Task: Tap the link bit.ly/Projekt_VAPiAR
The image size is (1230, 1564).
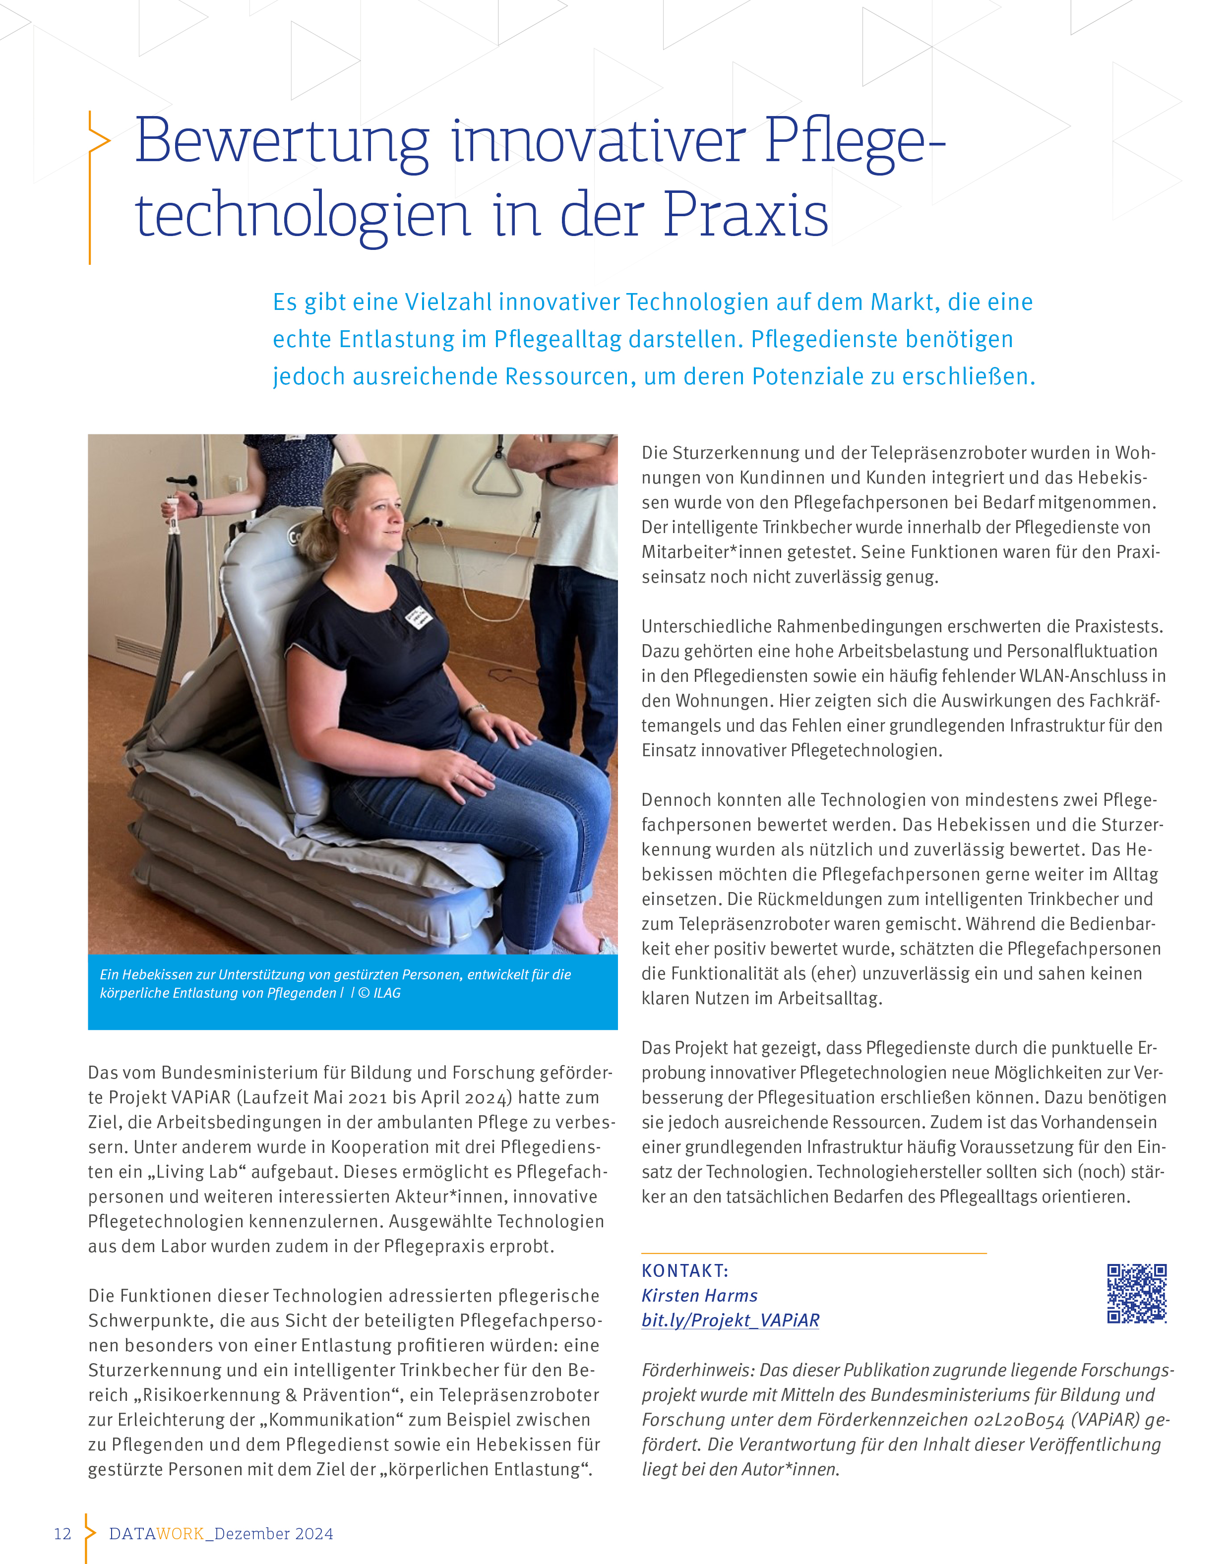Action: (730, 1320)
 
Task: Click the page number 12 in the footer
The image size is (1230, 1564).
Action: (62, 1534)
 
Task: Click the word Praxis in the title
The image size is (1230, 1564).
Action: (745, 215)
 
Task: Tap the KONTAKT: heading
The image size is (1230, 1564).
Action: (685, 1271)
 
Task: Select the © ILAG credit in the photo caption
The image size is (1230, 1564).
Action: (379, 993)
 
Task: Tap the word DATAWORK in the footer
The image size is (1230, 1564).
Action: (156, 1534)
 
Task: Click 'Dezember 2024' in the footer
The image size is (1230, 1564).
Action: (274, 1534)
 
